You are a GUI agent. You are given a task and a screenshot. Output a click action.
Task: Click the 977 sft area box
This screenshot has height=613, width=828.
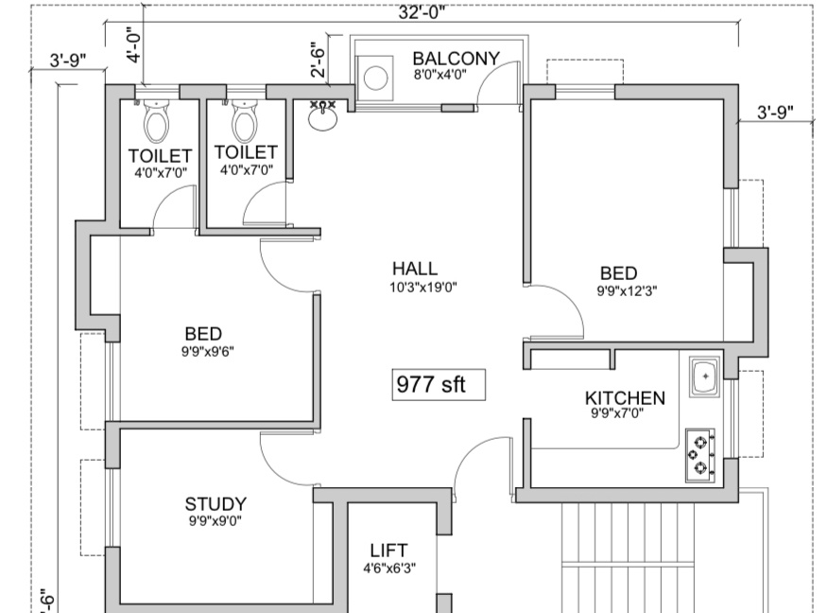point(440,385)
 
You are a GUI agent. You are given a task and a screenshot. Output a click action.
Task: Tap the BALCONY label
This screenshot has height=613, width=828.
point(456,59)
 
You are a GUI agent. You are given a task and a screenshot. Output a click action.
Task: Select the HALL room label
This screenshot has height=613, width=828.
point(414,270)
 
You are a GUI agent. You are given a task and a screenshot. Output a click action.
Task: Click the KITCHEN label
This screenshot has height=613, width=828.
point(625,398)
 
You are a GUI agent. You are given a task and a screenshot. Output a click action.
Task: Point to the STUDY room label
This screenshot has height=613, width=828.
point(216,504)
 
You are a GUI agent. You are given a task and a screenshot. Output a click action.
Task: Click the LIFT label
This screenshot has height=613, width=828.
point(388,551)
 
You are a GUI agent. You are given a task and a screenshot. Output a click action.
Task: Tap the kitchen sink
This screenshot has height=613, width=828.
point(703,377)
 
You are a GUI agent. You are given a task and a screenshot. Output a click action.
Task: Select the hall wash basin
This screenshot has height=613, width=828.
point(323,116)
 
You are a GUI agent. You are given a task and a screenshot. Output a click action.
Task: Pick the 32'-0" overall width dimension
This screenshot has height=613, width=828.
point(422,11)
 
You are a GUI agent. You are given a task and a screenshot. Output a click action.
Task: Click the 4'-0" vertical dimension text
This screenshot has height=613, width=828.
point(135,44)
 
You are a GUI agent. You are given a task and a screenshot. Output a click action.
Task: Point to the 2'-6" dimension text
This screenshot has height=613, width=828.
point(319,58)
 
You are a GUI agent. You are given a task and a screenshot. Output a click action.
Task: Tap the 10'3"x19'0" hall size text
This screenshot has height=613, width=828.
point(423,288)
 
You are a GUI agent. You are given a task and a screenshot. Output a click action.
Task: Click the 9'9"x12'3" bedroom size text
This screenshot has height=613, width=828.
point(627,291)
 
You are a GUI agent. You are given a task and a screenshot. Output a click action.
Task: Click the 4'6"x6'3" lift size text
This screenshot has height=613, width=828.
point(389,569)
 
